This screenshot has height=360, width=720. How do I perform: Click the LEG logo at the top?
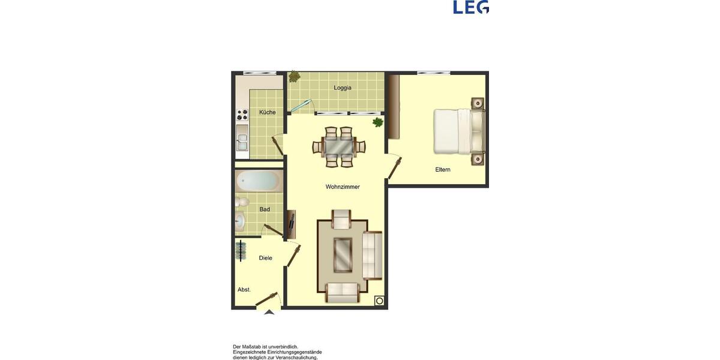471,7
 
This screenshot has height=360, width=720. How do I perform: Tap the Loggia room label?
343,88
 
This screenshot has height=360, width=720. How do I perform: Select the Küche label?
268,112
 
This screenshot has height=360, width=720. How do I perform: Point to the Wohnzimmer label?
343,187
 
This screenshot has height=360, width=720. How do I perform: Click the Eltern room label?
443,170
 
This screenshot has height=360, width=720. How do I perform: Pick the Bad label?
265,209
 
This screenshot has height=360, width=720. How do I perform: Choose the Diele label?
265,258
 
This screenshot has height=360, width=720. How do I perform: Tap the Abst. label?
244,290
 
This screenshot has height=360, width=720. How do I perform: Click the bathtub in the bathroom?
258,181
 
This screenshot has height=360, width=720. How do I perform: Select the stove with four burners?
242,115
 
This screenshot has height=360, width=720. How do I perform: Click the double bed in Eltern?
458,131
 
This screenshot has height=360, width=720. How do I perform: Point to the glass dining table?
339,146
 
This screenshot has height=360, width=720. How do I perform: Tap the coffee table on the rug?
343,254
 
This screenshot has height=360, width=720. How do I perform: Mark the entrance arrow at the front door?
269,312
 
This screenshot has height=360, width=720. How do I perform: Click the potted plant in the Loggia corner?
294,77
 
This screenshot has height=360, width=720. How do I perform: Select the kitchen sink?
242,142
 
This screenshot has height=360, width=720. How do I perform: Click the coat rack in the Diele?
241,250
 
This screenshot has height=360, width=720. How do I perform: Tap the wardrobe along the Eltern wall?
394,106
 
